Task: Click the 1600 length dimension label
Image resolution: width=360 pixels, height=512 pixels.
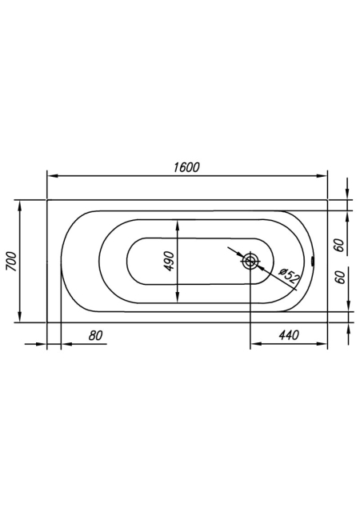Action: [x=186, y=167]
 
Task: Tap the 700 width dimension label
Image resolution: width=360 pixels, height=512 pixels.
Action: [x=11, y=262]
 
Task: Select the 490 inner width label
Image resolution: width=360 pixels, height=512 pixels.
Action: [x=169, y=262]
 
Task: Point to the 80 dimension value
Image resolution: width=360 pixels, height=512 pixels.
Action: [x=95, y=335]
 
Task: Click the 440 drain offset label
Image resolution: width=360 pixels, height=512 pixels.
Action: [x=289, y=335]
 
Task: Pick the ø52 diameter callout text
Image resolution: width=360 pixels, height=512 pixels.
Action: [x=289, y=275]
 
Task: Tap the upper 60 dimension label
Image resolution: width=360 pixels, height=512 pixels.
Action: [x=340, y=246]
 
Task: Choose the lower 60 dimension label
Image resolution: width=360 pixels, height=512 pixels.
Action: [x=340, y=278]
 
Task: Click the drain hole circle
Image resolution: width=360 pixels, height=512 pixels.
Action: [x=250, y=261]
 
